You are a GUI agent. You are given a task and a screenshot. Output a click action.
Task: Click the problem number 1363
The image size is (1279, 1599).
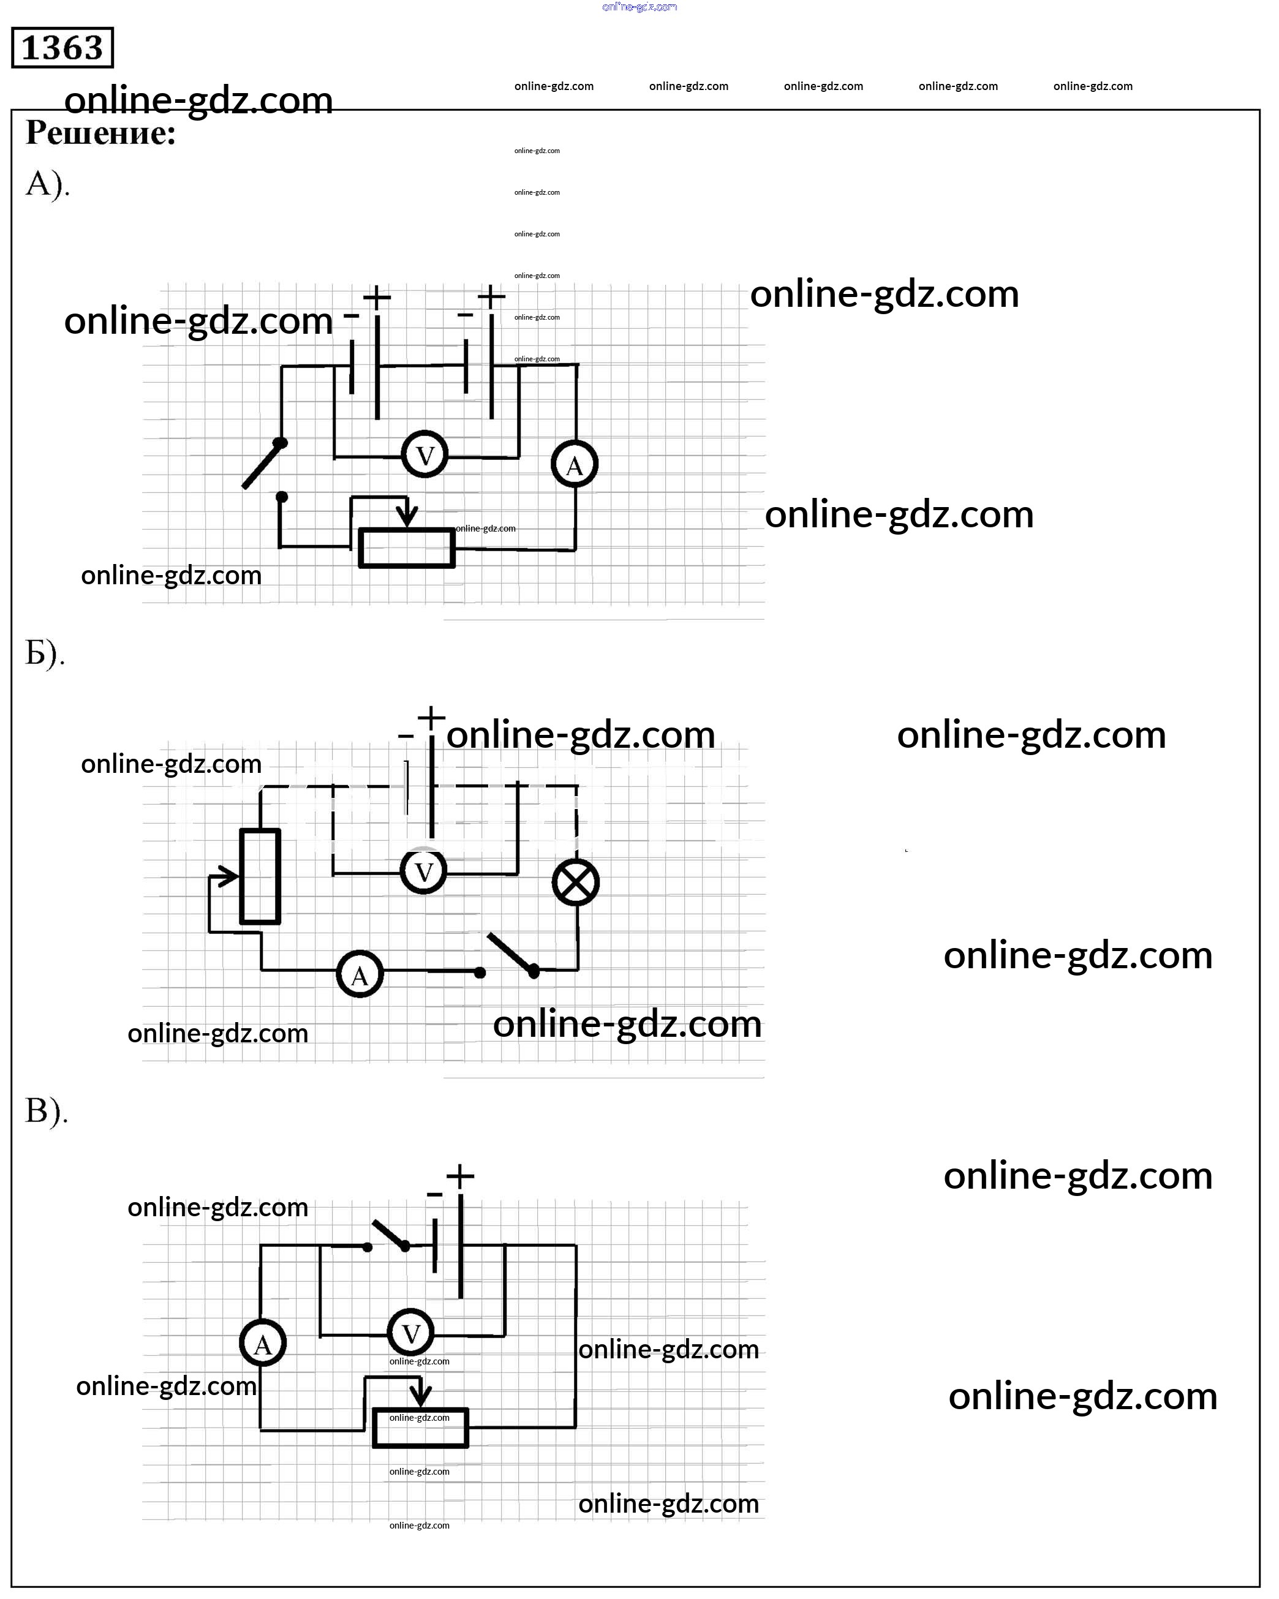tap(62, 48)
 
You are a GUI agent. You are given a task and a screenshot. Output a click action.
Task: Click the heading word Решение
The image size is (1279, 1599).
tap(100, 133)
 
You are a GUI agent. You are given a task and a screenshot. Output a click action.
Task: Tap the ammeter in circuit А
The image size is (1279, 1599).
tap(575, 465)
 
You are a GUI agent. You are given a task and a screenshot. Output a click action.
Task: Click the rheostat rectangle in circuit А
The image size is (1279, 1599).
tap(407, 549)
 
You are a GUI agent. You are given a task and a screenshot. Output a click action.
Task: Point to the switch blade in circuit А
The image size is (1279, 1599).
tap(263, 465)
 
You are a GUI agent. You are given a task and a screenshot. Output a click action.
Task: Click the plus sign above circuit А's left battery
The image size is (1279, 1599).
tap(377, 298)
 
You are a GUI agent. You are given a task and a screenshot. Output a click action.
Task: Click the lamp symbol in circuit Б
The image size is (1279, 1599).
tap(576, 882)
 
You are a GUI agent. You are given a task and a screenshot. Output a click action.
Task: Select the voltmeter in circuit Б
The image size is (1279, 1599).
tap(424, 871)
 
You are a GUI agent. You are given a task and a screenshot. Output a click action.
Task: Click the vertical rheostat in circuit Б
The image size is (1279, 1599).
tap(260, 876)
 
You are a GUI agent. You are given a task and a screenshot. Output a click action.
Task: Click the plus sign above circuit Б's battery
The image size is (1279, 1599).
tap(431, 717)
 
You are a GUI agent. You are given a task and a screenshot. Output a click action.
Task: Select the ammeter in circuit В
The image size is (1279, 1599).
tap(263, 1344)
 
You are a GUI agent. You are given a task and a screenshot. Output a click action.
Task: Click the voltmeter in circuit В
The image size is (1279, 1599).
tap(411, 1333)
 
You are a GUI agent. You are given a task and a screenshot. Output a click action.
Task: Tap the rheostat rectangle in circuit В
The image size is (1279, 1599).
tap(421, 1428)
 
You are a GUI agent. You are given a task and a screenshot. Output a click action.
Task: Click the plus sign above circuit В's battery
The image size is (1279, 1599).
tap(460, 1176)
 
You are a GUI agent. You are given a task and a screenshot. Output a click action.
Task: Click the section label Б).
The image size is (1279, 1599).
tap(45, 653)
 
